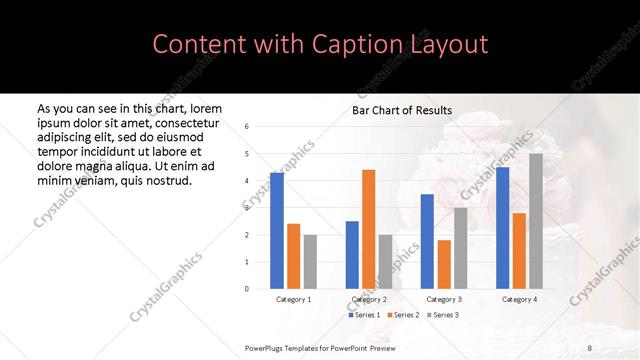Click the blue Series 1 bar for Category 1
tap(277, 231)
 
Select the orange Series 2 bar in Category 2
tap(368, 229)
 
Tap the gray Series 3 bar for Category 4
tap(536, 221)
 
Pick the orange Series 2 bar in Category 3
tap(444, 264)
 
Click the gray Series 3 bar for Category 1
tap(310, 262)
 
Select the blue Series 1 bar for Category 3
tap(427, 241)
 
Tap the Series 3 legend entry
tap(445, 315)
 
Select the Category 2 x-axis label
tap(369, 299)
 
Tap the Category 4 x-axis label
tap(519, 299)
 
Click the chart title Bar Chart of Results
tap(402, 110)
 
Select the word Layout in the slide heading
tap(448, 44)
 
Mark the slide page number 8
tap(590, 347)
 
